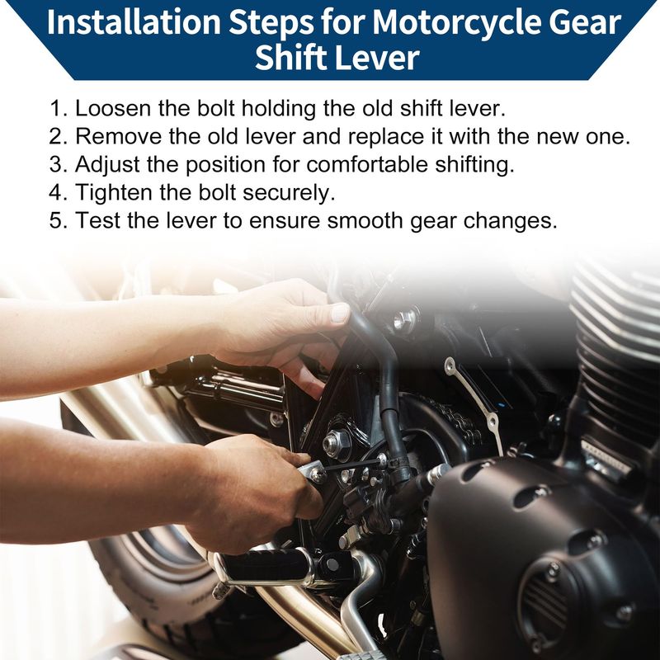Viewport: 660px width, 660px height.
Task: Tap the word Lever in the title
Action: tap(379, 57)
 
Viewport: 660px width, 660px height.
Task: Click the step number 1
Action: tap(58, 109)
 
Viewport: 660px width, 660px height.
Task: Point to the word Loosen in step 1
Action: tap(113, 109)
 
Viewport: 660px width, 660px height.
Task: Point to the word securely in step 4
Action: tap(289, 193)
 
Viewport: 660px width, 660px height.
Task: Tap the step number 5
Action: tap(58, 220)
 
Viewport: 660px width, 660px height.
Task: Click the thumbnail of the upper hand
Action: tap(340, 313)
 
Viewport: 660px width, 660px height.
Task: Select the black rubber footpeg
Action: tap(264, 565)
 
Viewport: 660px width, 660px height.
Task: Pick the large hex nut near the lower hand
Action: tap(335, 442)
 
